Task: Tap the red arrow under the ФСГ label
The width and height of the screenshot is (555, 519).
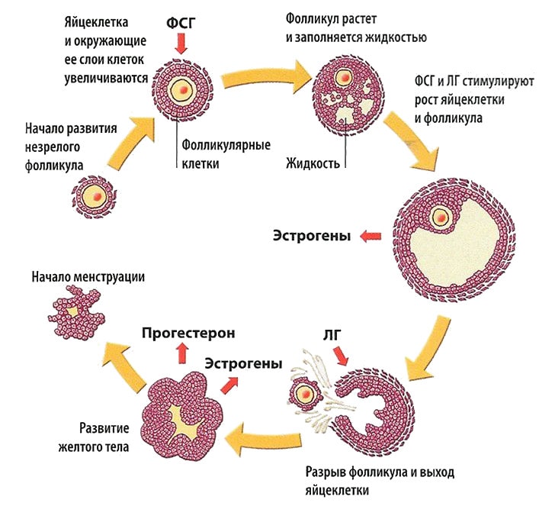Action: coord(181,45)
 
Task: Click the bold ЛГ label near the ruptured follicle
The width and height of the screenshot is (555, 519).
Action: coord(333,334)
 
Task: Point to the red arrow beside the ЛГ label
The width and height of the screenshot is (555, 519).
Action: coord(341,356)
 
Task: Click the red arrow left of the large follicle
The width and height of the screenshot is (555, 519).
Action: coord(372,237)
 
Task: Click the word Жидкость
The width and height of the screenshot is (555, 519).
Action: coord(312,163)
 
